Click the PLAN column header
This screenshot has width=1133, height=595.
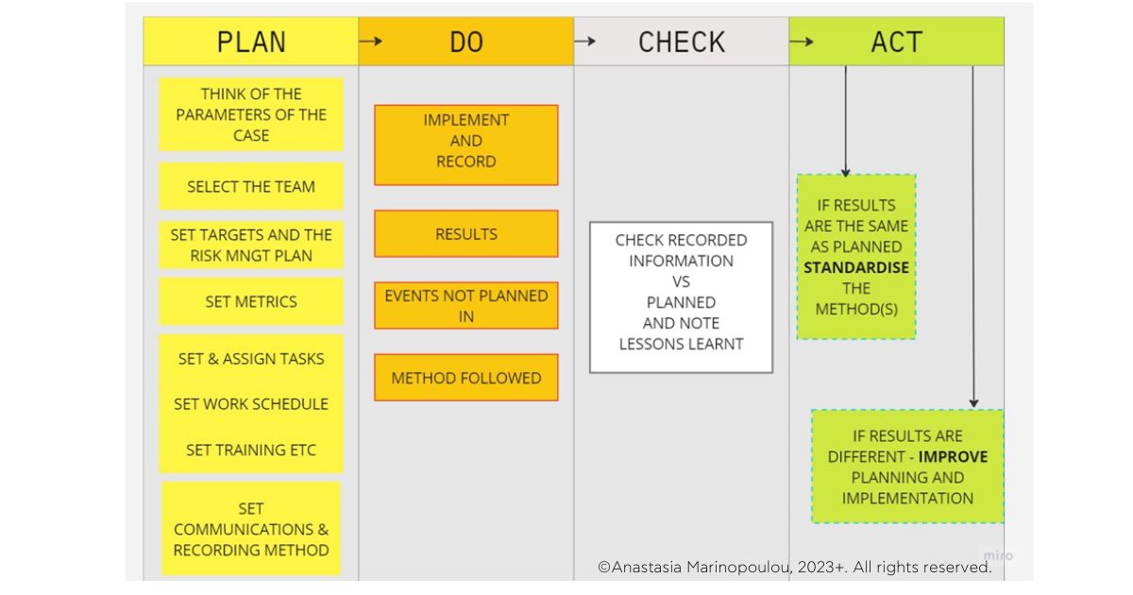coord(251,42)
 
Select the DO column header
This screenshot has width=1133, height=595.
coord(466,42)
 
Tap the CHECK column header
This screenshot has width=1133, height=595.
coord(682,42)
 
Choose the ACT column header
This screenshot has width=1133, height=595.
coord(897,42)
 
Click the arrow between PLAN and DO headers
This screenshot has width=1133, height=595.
coord(371,42)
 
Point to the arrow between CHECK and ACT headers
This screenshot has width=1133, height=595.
coord(802,42)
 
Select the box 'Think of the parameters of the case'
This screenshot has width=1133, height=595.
coord(251,114)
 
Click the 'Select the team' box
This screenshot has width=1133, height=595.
coord(251,186)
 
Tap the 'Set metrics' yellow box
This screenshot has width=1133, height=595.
coord(251,301)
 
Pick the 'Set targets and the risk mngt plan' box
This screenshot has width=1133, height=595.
coord(251,245)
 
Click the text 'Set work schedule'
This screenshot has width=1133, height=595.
coord(251,403)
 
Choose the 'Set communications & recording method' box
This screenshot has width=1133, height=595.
coord(251,529)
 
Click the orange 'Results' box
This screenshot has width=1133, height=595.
coord(466,233)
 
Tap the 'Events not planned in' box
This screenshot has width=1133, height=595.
coord(466,305)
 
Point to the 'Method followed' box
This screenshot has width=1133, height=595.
coord(466,378)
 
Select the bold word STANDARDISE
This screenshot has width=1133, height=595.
coord(856,267)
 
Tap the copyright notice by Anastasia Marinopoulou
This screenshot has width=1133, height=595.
coord(795,567)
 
